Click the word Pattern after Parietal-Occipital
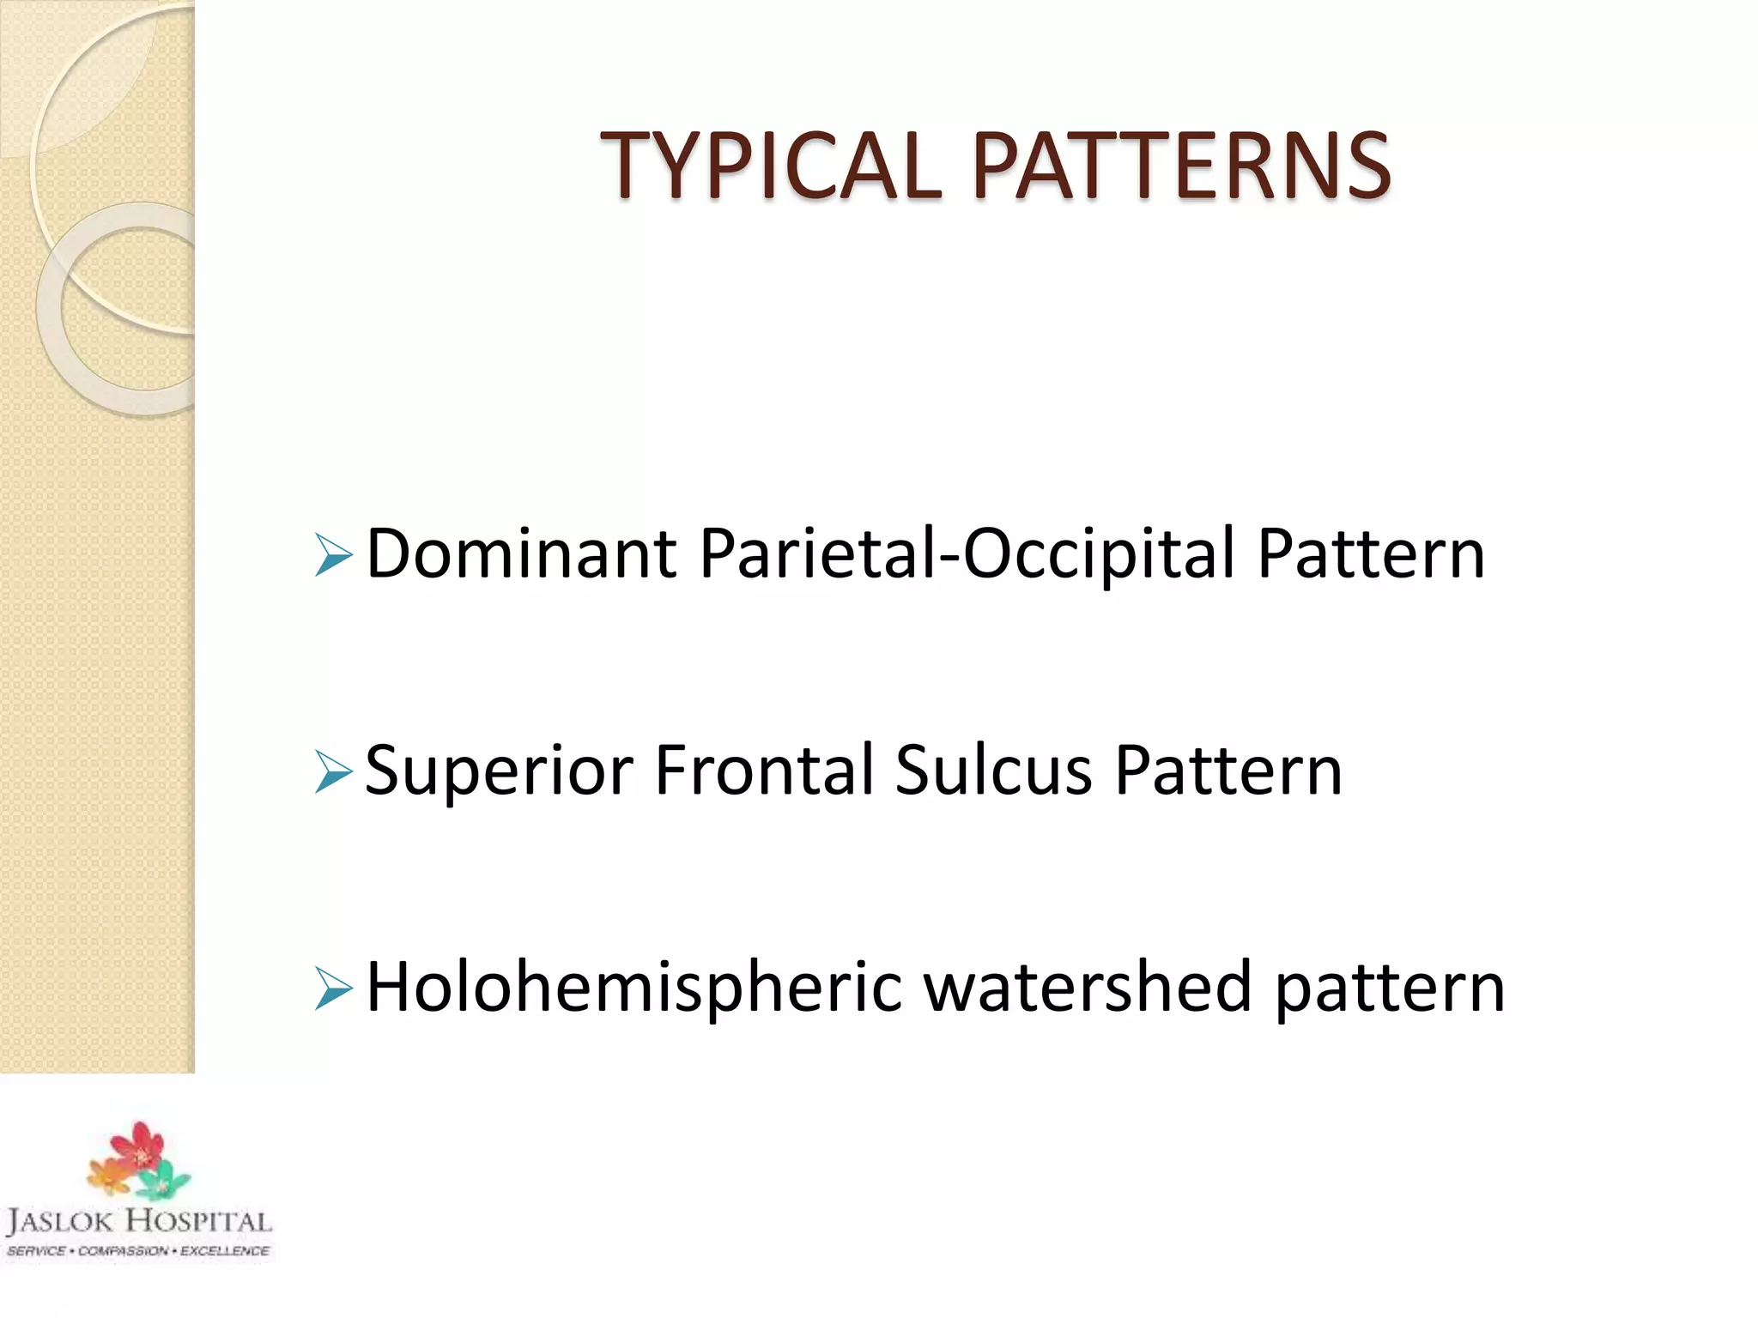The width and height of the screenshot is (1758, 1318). (1371, 553)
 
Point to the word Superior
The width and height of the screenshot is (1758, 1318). (499, 771)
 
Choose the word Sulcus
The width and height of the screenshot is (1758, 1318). (994, 770)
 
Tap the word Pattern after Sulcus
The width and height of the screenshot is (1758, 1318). (1228, 770)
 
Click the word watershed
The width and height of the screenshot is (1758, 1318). (1088, 987)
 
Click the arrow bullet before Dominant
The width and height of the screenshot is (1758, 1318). (333, 555)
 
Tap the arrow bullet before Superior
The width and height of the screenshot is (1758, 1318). (333, 771)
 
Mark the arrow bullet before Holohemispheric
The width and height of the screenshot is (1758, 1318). (333, 988)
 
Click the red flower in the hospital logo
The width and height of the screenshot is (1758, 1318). (137, 1146)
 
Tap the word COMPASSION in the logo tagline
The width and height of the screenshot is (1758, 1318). (123, 1251)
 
